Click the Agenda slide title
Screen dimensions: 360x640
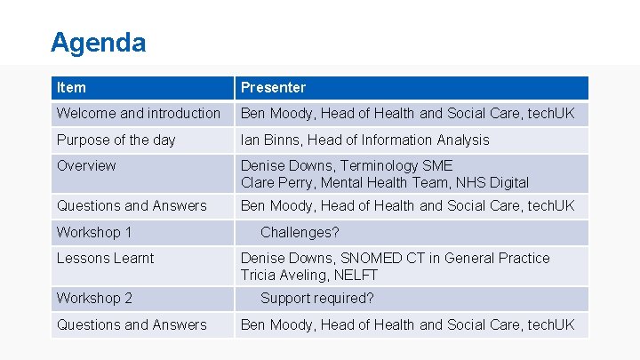click(x=98, y=42)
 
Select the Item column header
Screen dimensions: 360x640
click(x=71, y=87)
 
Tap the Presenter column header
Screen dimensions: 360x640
click(x=273, y=87)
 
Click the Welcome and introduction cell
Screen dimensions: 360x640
click(x=138, y=113)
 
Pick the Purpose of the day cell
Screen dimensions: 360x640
click(x=116, y=140)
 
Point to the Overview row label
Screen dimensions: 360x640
click(x=86, y=165)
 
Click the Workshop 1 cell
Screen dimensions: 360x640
click(x=94, y=232)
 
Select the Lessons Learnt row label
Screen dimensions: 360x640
click(x=105, y=258)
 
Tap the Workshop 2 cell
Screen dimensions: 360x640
click(x=94, y=298)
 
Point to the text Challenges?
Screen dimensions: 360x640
click(x=300, y=232)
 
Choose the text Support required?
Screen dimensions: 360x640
click(x=317, y=298)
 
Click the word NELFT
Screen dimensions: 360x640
click(x=356, y=275)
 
